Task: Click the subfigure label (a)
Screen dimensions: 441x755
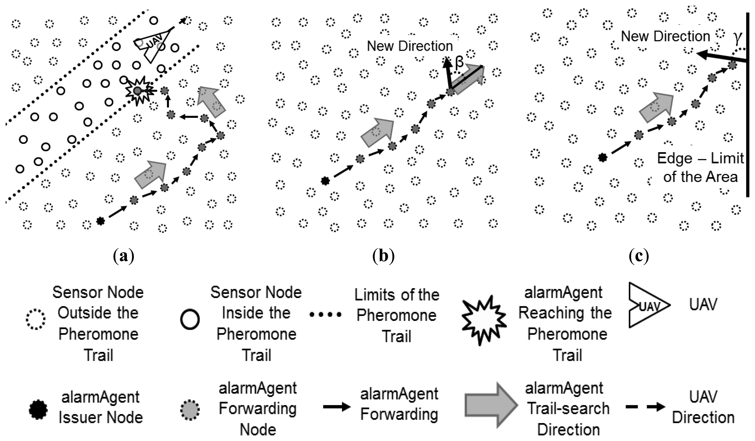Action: (124, 257)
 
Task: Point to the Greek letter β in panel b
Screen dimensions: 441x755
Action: (459, 63)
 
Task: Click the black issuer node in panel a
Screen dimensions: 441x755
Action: (100, 221)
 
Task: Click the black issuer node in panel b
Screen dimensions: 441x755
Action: (325, 181)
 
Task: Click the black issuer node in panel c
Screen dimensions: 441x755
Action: (602, 157)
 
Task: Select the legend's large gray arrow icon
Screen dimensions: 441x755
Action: (491, 405)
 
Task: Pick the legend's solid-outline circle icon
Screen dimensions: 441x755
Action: (190, 320)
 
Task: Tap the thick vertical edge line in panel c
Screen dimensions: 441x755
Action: (748, 105)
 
